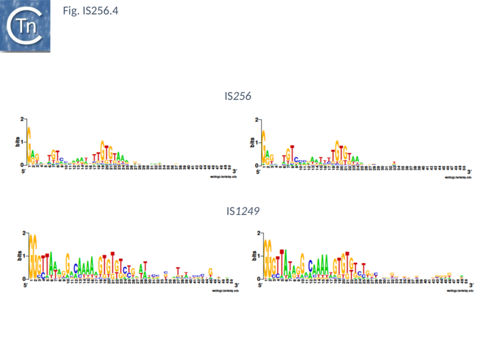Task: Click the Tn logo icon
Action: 25,26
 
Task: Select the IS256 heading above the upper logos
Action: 238,96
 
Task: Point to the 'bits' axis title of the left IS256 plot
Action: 17,142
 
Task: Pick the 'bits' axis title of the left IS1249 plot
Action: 17,256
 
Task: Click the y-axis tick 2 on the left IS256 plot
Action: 22,119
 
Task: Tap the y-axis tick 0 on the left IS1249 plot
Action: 22,279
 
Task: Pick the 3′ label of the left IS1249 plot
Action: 235,285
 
